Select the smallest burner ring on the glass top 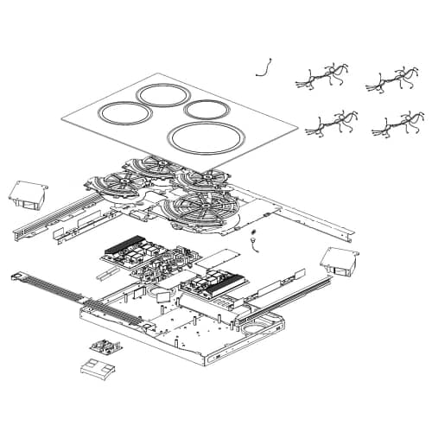pyautogui.click(x=206, y=109)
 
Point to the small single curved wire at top pyautogui.click(x=265, y=67)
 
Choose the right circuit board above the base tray pyautogui.click(x=216, y=283)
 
